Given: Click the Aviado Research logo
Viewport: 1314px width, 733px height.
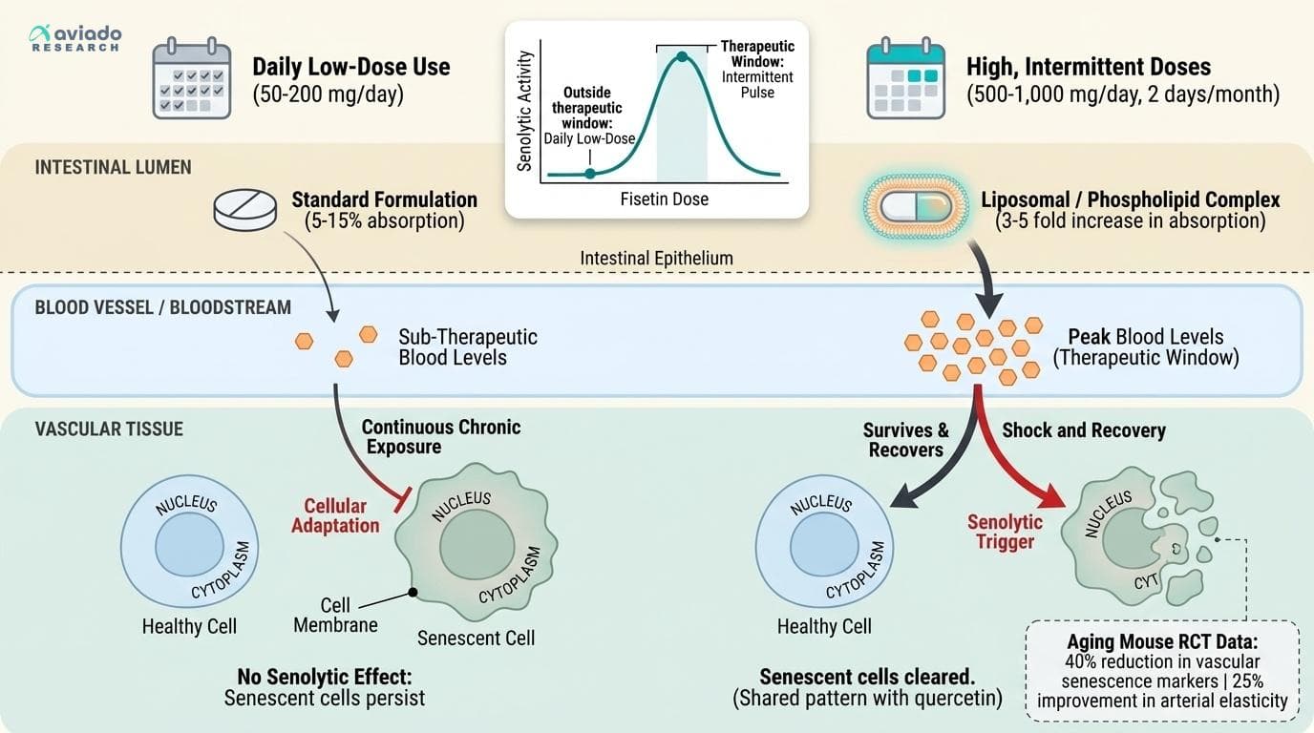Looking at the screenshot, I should pos(75,38).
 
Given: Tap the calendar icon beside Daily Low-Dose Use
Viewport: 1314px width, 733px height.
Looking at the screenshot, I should pos(192,78).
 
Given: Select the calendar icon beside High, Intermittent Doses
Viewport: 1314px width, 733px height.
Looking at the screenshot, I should pos(905,78).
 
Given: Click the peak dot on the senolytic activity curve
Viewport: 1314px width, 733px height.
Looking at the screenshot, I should pos(682,56).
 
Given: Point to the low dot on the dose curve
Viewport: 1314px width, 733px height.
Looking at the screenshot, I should pos(589,173).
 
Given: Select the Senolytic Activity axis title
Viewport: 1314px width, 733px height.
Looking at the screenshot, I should pos(523,112).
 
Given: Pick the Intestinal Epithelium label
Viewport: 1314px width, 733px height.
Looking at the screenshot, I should pos(657,258).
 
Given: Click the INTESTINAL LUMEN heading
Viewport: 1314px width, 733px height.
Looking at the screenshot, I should pos(113,168).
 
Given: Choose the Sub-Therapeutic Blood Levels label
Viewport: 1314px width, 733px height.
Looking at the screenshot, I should pos(468,347).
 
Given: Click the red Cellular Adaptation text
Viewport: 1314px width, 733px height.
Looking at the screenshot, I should pos(335,515).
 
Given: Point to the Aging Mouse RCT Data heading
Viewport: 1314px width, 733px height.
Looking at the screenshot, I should pos(1162,642).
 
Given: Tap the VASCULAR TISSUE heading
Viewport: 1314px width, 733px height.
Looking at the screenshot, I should pos(109,429).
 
